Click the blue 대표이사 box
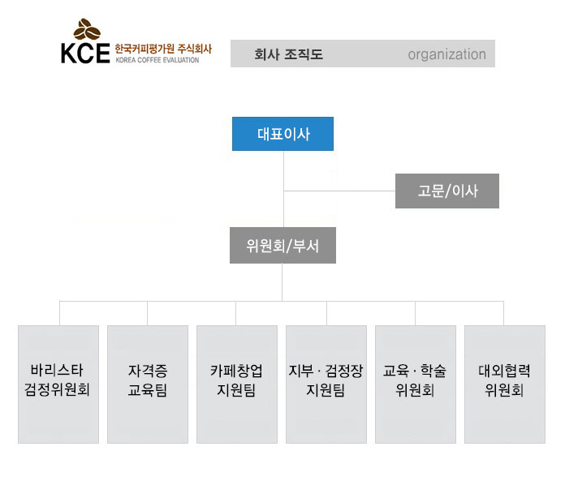tap(282, 134)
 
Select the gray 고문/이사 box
tap(447, 191)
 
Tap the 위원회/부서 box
tap(282, 245)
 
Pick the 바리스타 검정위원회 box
tap(58, 384)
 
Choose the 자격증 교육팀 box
tap(147, 384)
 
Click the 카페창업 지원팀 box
tap(236, 384)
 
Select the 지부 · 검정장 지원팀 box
tap(326, 384)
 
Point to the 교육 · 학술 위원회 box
tap(415, 384)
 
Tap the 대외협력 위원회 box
tap(504, 384)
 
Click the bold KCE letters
tap(84, 53)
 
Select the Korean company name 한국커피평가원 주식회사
tap(162, 49)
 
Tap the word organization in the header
tap(446, 54)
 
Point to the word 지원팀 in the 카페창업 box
tap(236, 391)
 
